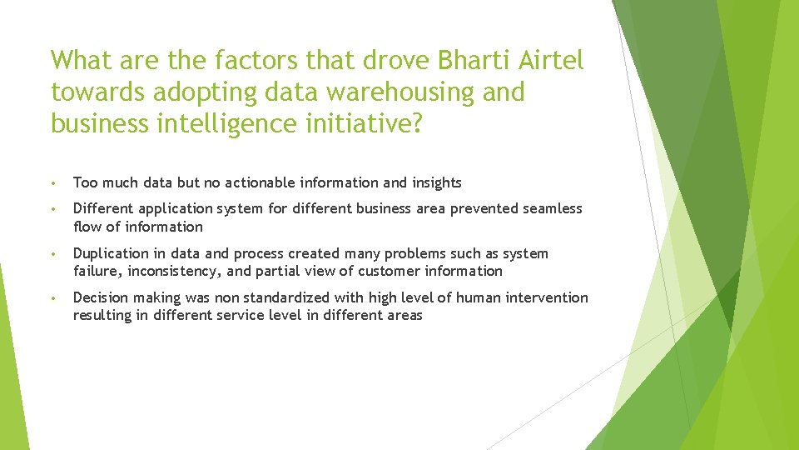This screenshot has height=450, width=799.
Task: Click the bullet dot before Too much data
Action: point(53,183)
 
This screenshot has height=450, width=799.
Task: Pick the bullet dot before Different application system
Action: point(53,209)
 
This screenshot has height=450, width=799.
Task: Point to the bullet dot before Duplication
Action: point(53,254)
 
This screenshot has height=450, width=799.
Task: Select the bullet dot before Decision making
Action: point(53,298)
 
